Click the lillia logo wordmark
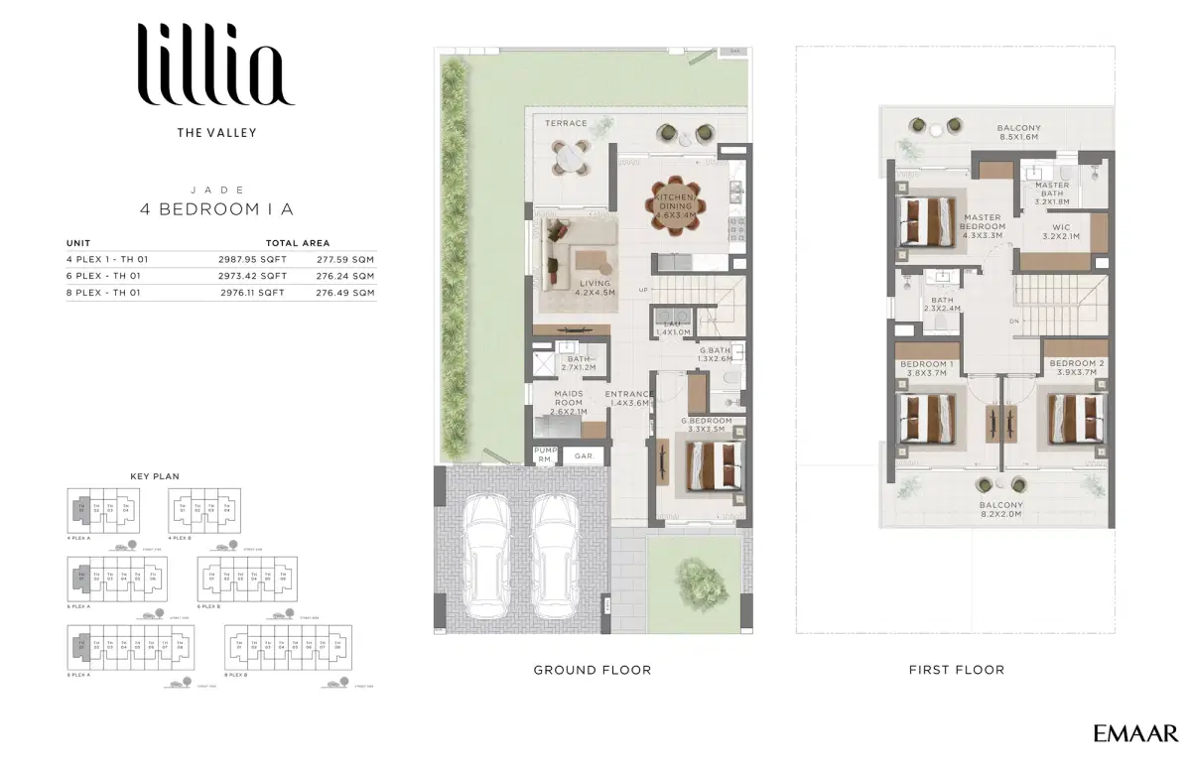click(216, 65)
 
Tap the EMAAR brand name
click(1135, 734)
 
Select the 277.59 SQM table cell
click(345, 259)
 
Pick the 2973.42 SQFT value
click(253, 276)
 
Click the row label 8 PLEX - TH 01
click(103, 293)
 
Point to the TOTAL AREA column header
click(298, 242)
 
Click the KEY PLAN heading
click(155, 476)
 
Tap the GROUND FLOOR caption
click(593, 670)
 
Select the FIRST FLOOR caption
click(957, 670)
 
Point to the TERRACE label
click(566, 124)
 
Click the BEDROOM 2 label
click(1077, 364)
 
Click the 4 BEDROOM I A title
click(216, 209)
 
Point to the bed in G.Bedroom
click(711, 464)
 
